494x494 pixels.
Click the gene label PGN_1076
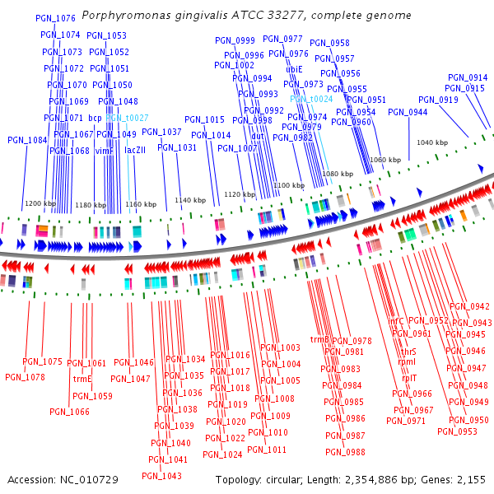[57, 17]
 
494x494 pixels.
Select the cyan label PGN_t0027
[127, 119]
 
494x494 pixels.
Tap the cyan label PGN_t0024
[311, 99]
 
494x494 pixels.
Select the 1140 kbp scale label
[190, 200]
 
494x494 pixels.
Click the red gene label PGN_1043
[161, 476]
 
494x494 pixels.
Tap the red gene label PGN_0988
[345, 452]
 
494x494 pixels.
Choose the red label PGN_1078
[26, 377]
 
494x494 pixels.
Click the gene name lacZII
[135, 151]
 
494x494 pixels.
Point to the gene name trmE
[82, 380]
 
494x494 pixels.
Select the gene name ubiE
[295, 69]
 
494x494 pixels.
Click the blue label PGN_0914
[468, 77]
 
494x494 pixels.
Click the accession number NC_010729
[91, 479]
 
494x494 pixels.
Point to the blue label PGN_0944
[408, 112]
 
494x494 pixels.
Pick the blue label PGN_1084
[28, 140]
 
